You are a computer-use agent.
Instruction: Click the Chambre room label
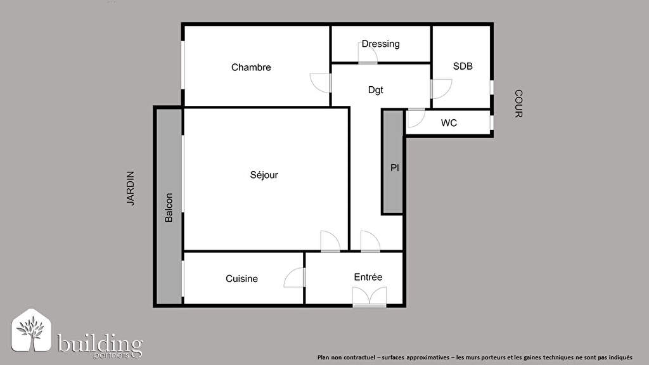pos(251,67)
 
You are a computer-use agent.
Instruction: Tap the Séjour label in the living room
pos(264,175)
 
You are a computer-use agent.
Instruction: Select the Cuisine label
pos(241,279)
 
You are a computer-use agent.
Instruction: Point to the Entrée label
pos(368,277)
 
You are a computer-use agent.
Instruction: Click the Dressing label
pos(381,44)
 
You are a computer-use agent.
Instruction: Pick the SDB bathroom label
pos(463,66)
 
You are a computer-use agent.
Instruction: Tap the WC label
pos(449,123)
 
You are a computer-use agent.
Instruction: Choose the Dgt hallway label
pos(375,90)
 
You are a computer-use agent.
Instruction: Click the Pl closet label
pos(395,167)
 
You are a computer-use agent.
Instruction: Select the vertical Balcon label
pos(169,208)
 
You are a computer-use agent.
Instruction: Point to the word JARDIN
pos(131,188)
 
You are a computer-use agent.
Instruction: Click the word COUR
pos(518,103)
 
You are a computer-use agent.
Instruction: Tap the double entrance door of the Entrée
pos(369,297)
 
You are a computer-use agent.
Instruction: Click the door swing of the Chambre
pos(320,83)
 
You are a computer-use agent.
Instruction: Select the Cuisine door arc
pos(294,278)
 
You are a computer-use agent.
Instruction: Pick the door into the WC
pos(416,117)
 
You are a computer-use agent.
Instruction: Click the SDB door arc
pos(441,89)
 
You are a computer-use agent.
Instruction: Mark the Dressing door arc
pos(368,53)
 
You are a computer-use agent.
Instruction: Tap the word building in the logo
pos(100,343)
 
